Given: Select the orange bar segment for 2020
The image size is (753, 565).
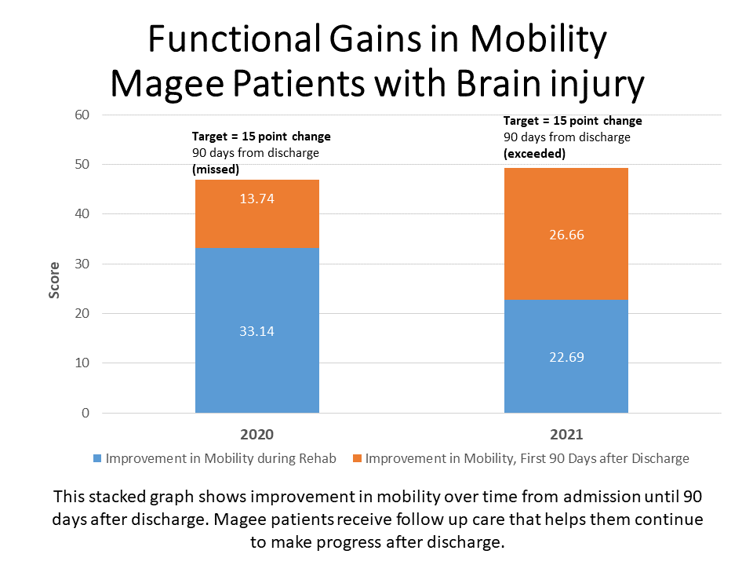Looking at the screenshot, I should click(x=256, y=224).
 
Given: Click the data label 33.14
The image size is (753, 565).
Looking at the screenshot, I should click(x=256, y=331).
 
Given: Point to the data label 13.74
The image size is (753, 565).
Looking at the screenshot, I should click(x=256, y=199).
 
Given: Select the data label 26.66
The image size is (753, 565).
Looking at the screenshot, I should click(x=566, y=235).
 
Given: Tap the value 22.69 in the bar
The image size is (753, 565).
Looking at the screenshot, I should click(x=566, y=357).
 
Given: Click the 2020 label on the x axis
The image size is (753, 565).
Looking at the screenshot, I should click(x=256, y=434).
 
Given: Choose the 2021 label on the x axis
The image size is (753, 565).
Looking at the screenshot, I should click(x=566, y=434).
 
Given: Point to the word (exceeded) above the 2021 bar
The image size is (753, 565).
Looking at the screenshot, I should click(x=534, y=154).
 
